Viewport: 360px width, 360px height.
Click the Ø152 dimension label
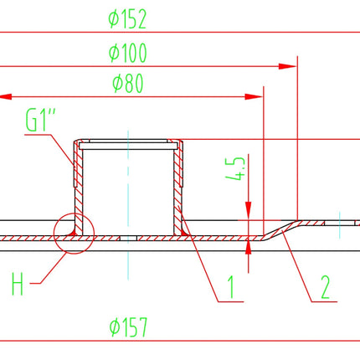127,19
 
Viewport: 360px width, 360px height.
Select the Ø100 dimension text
127,53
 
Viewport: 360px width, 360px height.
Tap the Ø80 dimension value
128,83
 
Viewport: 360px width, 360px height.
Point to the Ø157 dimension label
128,327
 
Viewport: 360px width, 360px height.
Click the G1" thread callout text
40,121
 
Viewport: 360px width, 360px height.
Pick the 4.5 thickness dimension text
235,168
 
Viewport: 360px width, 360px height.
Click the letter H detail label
18,284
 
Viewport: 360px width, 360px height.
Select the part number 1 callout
231,287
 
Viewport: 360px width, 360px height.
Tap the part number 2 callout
326,287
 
